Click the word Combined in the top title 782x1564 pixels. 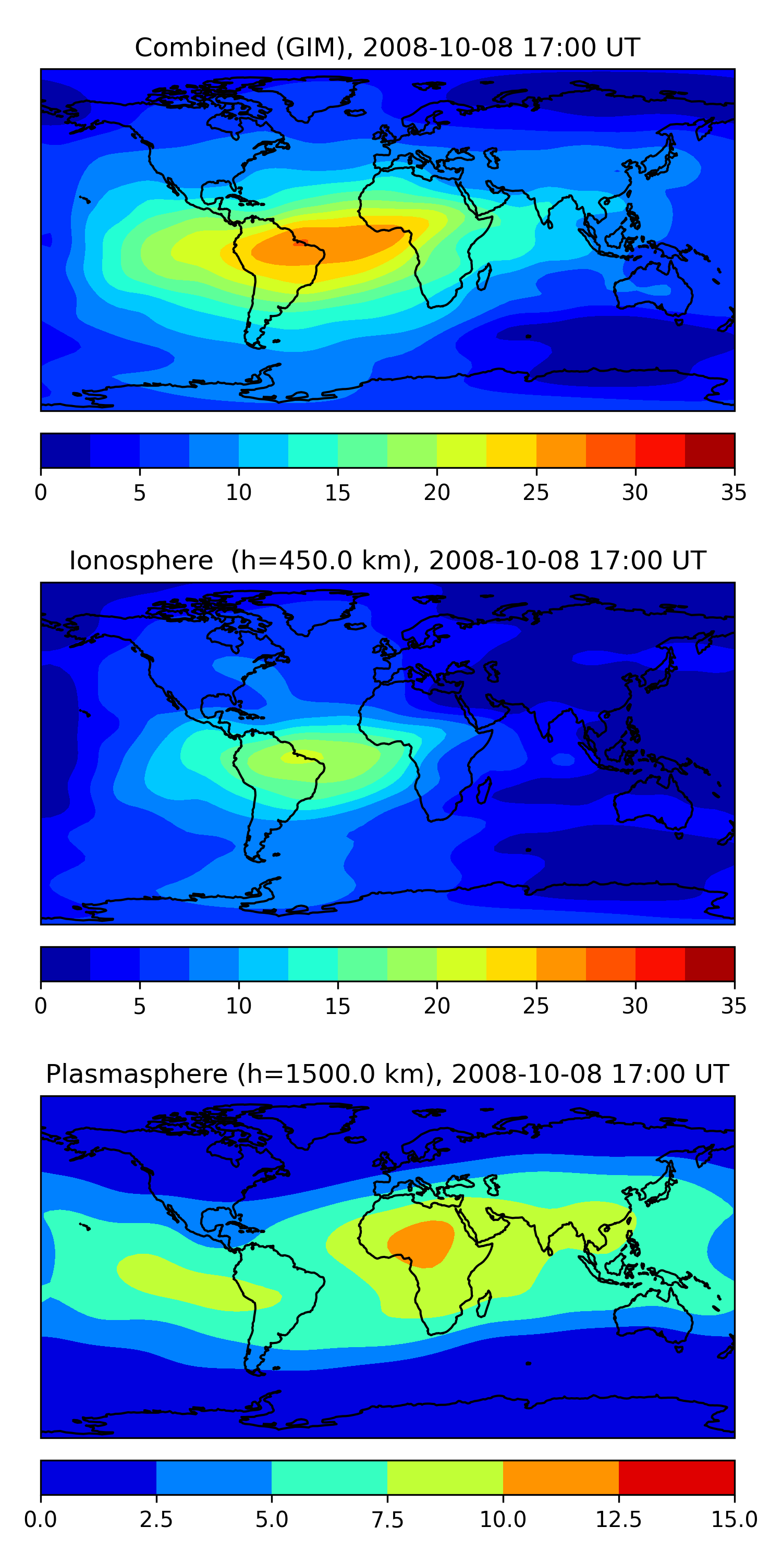(x=200, y=47)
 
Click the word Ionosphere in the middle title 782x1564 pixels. (x=141, y=560)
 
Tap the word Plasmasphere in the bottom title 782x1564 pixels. (x=137, y=1074)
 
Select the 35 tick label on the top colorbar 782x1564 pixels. (x=734, y=492)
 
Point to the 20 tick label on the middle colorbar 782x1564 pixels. (x=436, y=1006)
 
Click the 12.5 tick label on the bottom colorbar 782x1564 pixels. (x=619, y=1520)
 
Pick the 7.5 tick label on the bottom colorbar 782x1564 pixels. (x=387, y=1520)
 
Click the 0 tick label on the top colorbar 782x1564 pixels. (x=41, y=492)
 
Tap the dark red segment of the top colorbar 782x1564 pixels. (x=709, y=450)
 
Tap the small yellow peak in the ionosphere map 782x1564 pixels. (x=302, y=756)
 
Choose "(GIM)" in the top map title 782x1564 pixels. (x=314, y=47)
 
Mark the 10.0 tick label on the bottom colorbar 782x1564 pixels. (x=503, y=1520)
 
